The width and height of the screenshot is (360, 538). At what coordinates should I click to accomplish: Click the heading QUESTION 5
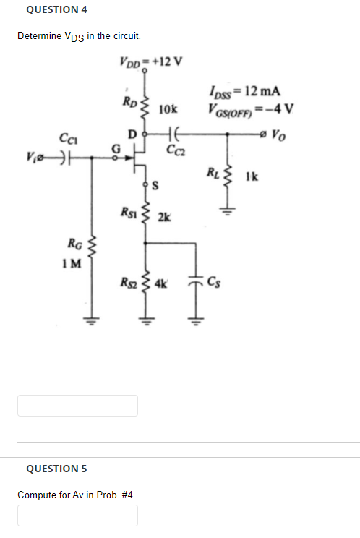[x=56, y=468]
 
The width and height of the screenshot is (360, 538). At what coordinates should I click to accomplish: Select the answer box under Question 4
[x=77, y=405]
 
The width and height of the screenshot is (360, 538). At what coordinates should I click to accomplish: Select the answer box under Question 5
[x=77, y=516]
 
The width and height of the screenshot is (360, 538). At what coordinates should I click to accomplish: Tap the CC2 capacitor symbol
[x=173, y=134]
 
